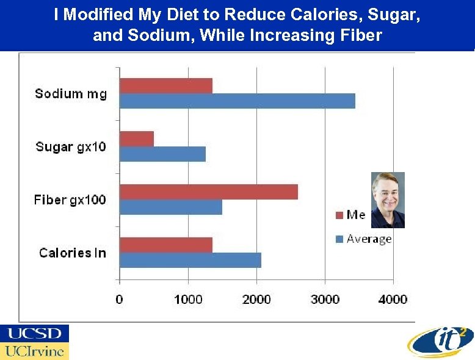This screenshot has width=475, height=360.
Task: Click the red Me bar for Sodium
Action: coord(166,86)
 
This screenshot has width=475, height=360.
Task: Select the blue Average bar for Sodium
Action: coord(237,101)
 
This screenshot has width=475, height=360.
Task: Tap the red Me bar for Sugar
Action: coord(137,139)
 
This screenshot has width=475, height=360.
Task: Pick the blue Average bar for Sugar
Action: coord(162,154)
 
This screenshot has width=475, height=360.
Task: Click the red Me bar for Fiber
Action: coord(209,192)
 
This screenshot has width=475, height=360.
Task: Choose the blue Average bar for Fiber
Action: coord(171,207)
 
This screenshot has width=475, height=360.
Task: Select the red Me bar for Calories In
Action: coord(166,245)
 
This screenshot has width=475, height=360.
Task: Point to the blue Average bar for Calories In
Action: coord(190,260)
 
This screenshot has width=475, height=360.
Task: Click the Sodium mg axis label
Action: coord(71,93)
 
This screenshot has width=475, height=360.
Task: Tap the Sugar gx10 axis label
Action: coord(71,147)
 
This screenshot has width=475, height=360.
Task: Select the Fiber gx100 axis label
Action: coord(70,200)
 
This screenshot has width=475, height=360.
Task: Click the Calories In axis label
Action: coord(73,253)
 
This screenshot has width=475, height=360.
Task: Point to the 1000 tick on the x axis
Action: coord(188,300)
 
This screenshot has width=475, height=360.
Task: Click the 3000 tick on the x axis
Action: coord(325,300)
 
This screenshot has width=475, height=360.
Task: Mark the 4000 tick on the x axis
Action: coord(393,300)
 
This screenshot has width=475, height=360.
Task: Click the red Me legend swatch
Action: coord(339,215)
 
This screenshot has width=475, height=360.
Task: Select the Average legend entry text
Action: coord(369,239)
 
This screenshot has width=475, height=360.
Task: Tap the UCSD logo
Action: coord(35,333)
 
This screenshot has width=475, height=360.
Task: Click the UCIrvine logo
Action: coord(35,351)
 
